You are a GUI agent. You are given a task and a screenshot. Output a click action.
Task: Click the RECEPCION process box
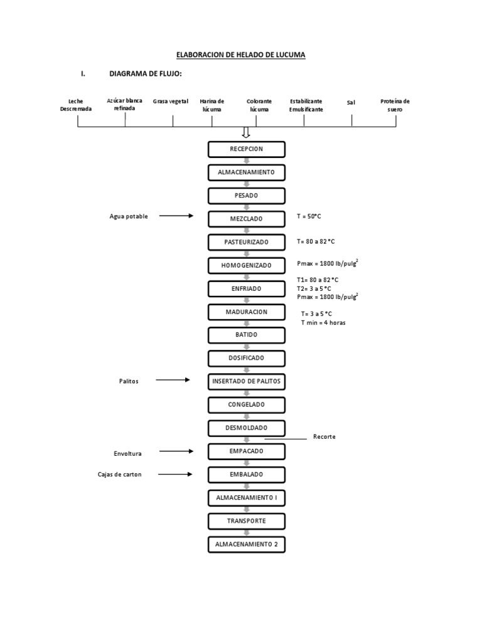point(246,149)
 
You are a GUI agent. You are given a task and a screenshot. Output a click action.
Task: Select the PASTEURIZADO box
point(246,242)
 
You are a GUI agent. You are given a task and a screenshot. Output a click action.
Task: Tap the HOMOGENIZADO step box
point(246,265)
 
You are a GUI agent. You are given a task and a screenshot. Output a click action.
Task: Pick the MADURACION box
point(246,312)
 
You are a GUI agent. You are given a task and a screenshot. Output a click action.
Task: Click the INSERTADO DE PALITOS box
point(246,381)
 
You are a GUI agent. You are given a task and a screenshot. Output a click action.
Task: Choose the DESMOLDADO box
point(246,428)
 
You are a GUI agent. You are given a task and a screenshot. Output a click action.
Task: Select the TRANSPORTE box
point(246,521)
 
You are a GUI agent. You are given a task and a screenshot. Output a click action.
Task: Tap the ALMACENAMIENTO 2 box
point(246,544)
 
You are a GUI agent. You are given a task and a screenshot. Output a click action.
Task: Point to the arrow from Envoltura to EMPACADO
point(176,451)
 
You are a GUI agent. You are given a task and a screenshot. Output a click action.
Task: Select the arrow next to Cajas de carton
point(175,475)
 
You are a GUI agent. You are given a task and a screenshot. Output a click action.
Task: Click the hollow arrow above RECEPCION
point(246,132)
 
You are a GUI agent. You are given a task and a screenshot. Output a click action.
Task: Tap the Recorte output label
point(324,436)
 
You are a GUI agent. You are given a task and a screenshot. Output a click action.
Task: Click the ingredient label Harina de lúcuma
point(212,105)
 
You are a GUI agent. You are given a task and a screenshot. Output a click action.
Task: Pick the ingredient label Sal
point(351,102)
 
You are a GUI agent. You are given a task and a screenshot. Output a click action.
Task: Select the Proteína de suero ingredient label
point(395,105)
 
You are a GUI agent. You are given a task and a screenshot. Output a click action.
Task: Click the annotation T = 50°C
point(313,216)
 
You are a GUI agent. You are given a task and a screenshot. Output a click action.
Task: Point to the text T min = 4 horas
point(323,322)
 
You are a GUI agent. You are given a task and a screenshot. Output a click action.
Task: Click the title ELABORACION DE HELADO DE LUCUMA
point(241,55)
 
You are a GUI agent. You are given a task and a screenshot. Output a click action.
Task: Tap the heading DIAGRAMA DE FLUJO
point(146,75)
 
